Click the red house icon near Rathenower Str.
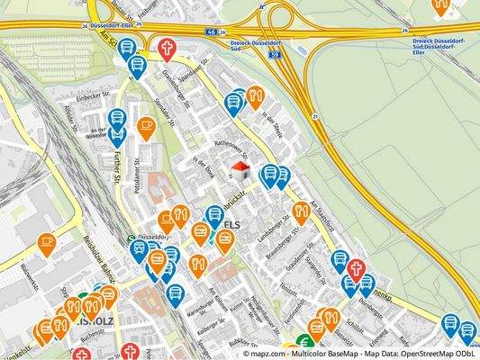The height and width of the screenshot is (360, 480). tap(240, 170)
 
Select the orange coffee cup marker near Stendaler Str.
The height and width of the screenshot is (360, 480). tap(146, 128)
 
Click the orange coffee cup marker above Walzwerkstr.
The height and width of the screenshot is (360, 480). tap(47, 242)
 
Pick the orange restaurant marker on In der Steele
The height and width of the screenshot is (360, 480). tap(256, 95)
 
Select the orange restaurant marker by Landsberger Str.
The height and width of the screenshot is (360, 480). tap(301, 211)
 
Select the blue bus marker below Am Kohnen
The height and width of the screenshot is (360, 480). tap(177, 292)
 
